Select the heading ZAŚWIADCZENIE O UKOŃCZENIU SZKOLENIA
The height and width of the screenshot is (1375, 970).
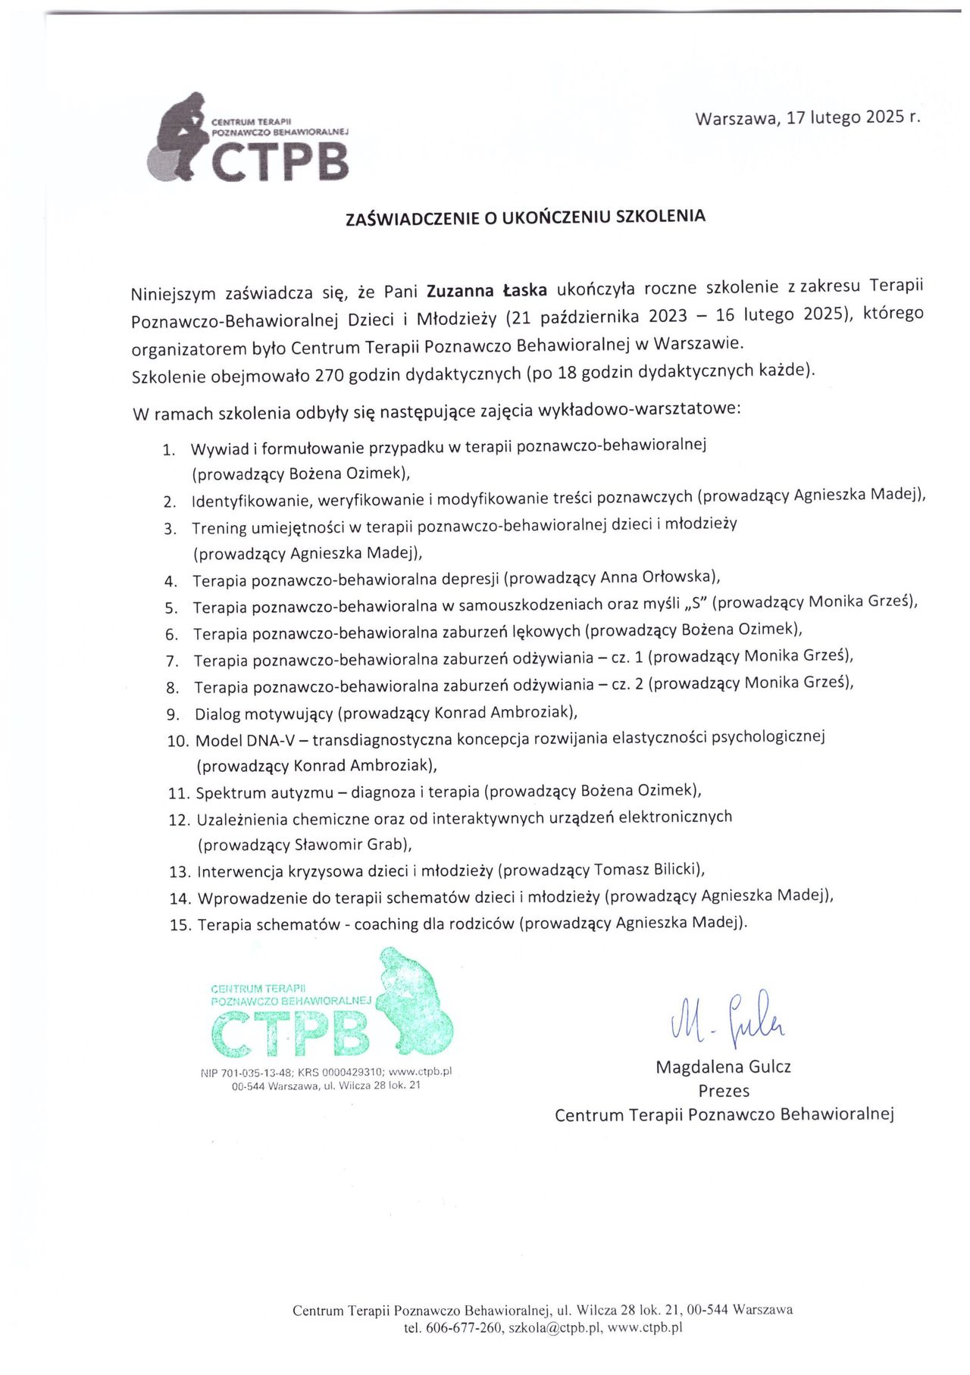click(x=525, y=217)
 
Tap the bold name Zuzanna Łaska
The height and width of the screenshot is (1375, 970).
click(x=487, y=291)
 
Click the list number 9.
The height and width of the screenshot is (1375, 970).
click(x=172, y=714)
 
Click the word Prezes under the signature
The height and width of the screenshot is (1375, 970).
click(x=723, y=1091)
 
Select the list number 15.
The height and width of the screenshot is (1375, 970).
click(x=180, y=925)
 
